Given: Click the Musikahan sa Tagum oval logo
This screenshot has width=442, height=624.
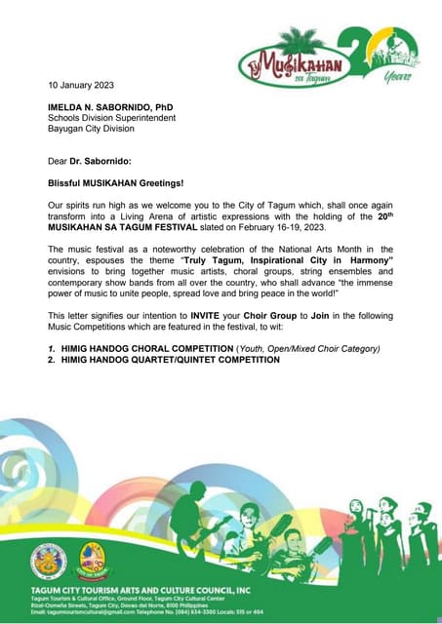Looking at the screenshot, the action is click(288, 62).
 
